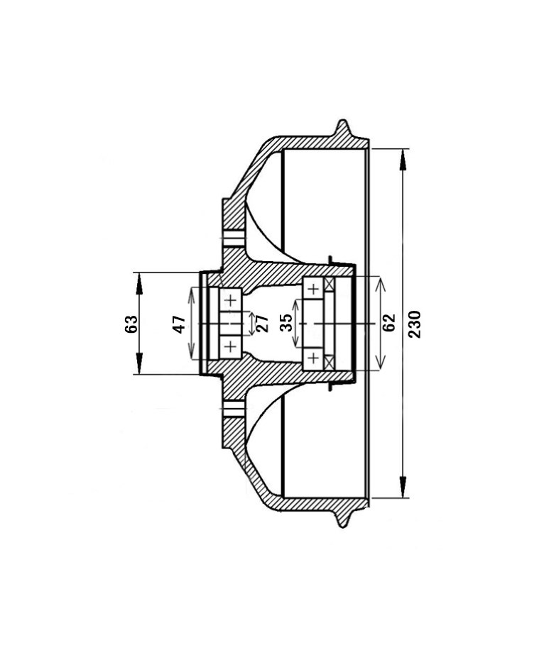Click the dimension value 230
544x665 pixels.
pyautogui.click(x=415, y=324)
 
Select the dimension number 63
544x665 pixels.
pyautogui.click(x=131, y=324)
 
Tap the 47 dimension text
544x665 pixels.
pyautogui.click(x=179, y=324)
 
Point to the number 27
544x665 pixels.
pyautogui.click(x=263, y=324)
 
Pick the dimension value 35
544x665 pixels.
pyautogui.click(x=286, y=323)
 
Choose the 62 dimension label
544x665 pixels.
pyautogui.click(x=388, y=323)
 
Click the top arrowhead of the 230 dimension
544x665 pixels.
pyautogui.click(x=403, y=160)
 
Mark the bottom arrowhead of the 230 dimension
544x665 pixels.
pyautogui.click(x=403, y=486)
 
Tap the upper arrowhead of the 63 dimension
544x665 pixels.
pyautogui.click(x=139, y=283)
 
